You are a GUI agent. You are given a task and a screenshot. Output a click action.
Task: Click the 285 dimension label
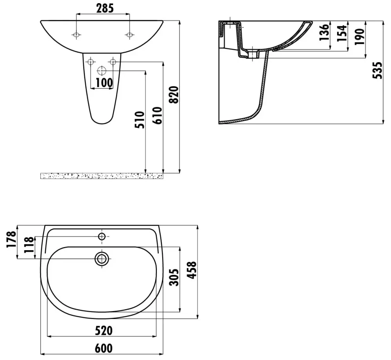point(105,8)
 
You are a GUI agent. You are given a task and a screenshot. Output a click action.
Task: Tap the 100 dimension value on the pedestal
point(104,82)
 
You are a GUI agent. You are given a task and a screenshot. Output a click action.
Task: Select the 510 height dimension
point(140,120)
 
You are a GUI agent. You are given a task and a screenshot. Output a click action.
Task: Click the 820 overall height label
point(174,95)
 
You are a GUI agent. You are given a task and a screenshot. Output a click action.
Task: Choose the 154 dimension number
point(342,33)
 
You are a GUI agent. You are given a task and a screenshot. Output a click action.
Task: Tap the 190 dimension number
point(359,37)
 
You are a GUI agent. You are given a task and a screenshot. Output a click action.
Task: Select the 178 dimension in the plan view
point(11,239)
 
